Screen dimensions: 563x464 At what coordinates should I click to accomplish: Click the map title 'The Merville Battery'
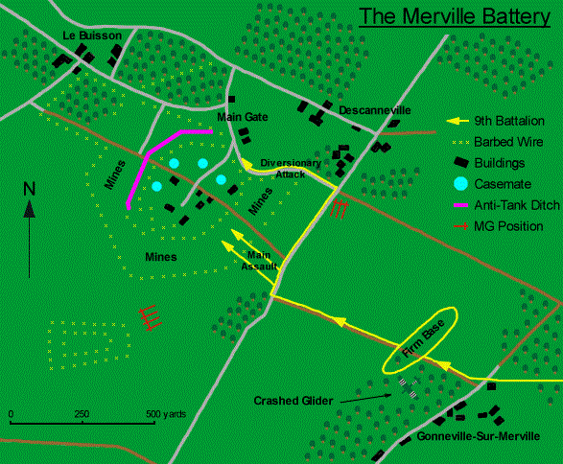[x=455, y=16]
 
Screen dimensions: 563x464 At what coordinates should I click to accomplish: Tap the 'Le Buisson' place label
[x=92, y=35]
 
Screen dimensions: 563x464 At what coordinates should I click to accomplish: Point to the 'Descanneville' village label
[x=375, y=110]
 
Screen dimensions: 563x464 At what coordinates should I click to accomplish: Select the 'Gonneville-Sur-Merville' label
[x=479, y=436]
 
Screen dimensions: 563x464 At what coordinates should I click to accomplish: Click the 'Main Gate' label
[x=243, y=117]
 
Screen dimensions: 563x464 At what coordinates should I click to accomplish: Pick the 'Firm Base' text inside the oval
[x=424, y=338]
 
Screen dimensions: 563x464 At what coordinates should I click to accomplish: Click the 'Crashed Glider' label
[x=293, y=401]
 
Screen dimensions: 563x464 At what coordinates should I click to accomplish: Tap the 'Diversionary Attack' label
[x=291, y=169]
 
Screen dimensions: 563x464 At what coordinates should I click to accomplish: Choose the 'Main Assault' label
[x=259, y=261]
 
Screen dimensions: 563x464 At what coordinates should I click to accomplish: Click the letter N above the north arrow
[x=30, y=189]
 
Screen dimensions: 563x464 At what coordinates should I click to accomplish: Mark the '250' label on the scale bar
[x=82, y=414]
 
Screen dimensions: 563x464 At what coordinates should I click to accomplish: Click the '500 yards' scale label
[x=166, y=414]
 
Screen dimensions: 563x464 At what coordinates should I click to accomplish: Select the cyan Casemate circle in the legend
[x=460, y=184]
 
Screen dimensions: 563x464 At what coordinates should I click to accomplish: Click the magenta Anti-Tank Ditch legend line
[x=461, y=205]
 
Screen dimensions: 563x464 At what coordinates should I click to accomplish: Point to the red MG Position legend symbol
[x=461, y=226]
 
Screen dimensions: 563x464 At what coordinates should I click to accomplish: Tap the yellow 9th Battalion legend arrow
[x=457, y=121]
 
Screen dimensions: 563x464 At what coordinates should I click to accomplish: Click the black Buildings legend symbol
[x=461, y=162]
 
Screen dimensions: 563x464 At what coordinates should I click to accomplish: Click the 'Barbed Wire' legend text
[x=508, y=142]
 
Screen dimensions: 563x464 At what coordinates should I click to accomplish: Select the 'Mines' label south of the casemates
[x=161, y=257]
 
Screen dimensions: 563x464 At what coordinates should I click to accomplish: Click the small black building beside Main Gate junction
[x=231, y=99]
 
